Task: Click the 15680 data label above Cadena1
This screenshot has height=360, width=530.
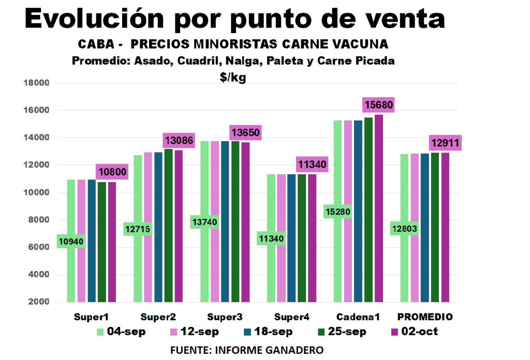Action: point(379,105)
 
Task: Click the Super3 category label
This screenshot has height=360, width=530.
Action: point(225,317)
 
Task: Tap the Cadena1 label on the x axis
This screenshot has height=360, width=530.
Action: point(358,317)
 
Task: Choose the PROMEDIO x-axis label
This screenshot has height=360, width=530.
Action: point(425,317)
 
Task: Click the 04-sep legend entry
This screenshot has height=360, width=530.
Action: point(121,332)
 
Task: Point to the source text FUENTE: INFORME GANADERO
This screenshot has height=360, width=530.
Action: point(247,350)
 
